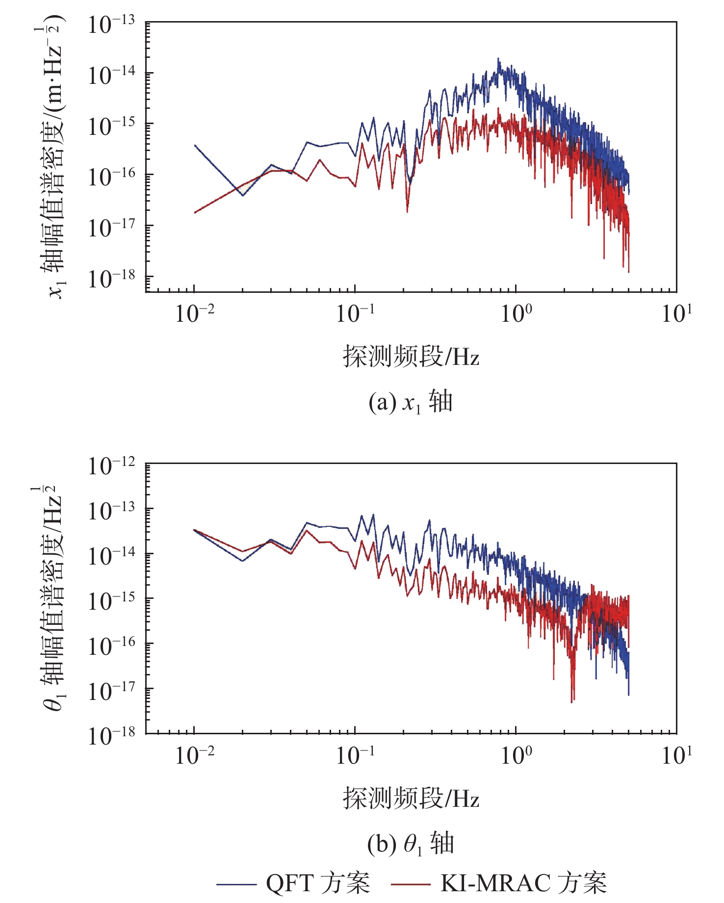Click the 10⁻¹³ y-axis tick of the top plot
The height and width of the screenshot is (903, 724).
point(111,25)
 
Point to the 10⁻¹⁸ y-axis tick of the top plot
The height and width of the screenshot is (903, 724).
point(111,279)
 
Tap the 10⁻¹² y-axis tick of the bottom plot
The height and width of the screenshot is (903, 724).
point(111,466)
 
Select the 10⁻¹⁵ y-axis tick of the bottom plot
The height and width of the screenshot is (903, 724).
point(111,601)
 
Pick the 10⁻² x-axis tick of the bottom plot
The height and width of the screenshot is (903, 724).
point(195,755)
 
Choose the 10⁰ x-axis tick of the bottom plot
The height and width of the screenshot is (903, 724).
point(516,755)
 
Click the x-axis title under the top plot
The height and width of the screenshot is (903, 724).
point(411,356)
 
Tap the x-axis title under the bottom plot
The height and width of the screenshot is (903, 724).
point(411,798)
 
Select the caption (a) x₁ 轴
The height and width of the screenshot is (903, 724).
point(411,403)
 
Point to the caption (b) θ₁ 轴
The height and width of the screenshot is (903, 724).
point(411,844)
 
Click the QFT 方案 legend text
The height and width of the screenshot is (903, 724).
point(318,883)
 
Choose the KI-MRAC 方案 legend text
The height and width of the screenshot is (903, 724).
point(523,883)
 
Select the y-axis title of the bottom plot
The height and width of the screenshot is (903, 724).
point(52,598)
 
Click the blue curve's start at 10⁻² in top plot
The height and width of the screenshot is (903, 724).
point(195,146)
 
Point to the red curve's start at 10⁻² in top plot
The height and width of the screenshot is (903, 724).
point(195,212)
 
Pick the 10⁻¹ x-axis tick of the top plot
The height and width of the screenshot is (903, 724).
point(355,314)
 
